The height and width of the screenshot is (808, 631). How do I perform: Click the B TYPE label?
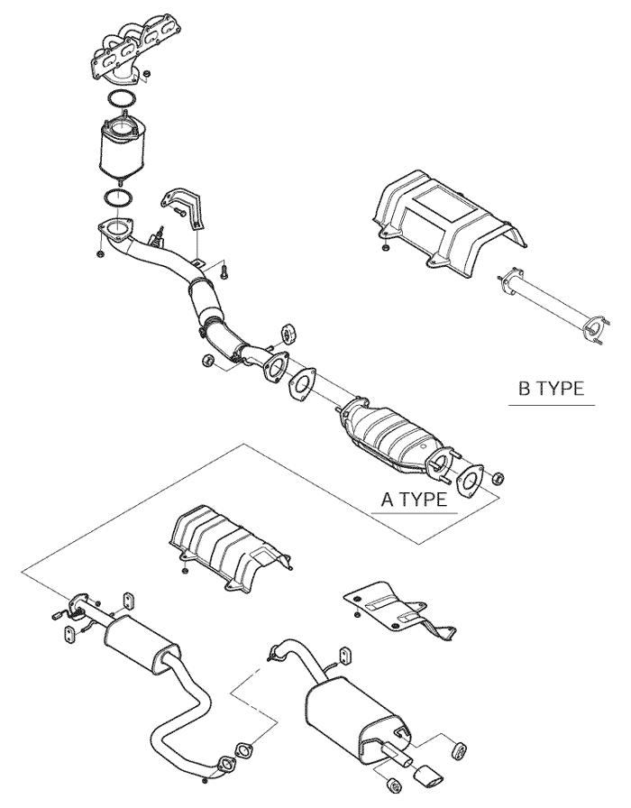pos(551,390)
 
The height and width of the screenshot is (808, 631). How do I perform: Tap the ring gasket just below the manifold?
pos(120,98)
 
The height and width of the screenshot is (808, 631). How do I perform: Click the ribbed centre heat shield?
pos(230,546)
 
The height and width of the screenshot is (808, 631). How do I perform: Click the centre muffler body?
pos(142,643)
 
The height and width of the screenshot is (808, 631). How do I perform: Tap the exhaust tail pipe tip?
pos(427,777)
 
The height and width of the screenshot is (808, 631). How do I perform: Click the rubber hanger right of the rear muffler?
pos(459,749)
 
